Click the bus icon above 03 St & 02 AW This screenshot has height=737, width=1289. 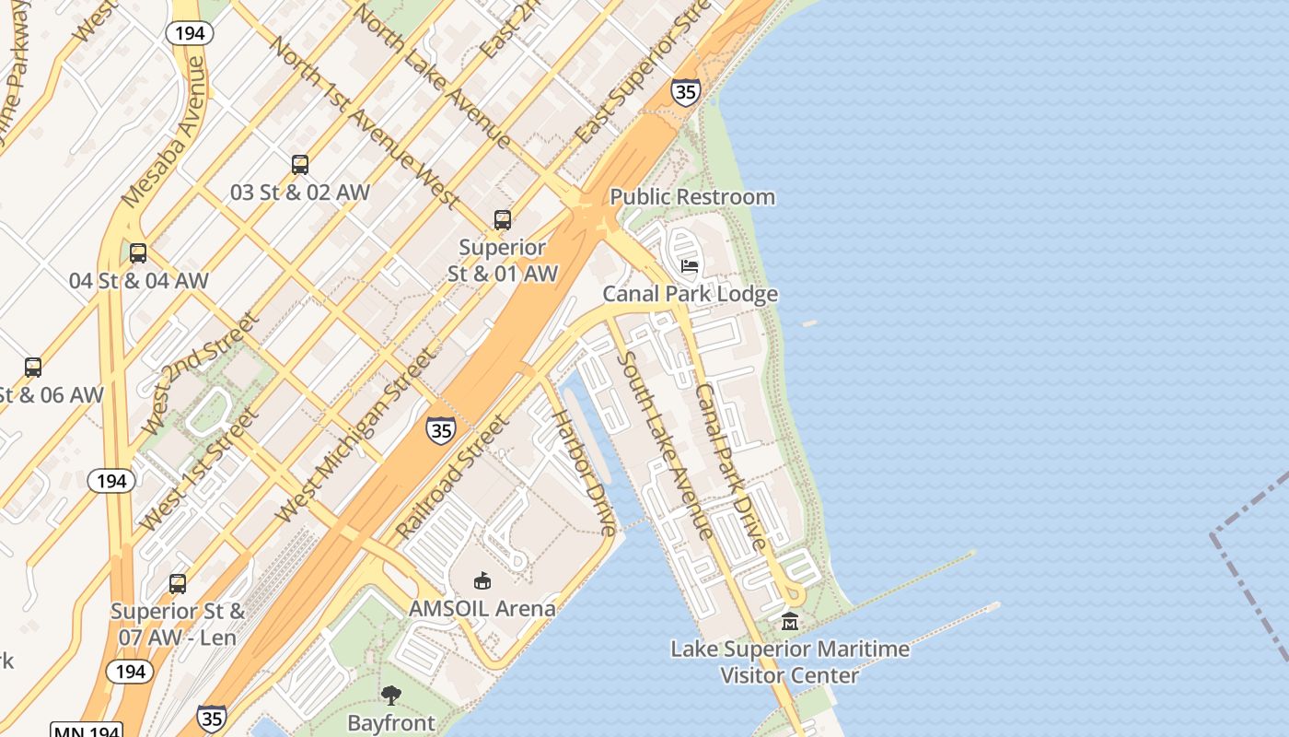[300, 165]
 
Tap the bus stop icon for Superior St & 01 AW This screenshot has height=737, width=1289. [502, 220]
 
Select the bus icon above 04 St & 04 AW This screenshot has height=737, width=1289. [138, 253]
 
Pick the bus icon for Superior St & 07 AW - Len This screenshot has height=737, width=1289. [178, 584]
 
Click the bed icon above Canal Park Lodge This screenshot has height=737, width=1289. [689, 267]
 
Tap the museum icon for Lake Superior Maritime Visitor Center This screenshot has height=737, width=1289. [790, 622]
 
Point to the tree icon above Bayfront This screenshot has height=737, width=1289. [391, 695]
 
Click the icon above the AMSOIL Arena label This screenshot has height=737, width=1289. [482, 580]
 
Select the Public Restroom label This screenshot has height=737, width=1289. [692, 197]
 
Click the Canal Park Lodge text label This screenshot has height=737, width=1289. [690, 294]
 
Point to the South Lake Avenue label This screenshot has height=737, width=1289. [664, 444]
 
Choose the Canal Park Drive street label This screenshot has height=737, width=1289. [730, 466]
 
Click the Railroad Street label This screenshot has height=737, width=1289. [452, 477]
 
